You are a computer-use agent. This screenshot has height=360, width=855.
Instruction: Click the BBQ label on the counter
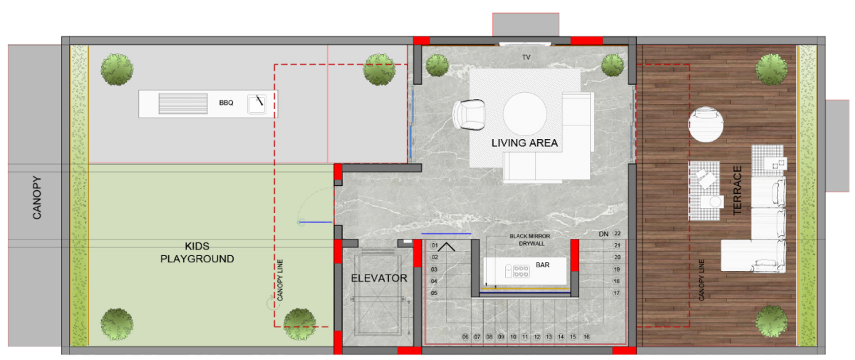tap(226, 103)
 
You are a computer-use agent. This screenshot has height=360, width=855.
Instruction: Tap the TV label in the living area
tap(527, 57)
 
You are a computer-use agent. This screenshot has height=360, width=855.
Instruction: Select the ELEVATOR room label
tap(379, 278)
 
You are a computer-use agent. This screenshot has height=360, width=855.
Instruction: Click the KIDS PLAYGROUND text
tap(197, 252)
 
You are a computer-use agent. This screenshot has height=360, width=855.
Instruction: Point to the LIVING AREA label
tap(524, 143)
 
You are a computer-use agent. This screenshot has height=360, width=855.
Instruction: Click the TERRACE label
tap(737, 190)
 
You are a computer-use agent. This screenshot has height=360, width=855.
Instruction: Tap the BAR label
tap(542, 265)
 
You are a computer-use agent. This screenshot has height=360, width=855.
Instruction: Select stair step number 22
tap(617, 234)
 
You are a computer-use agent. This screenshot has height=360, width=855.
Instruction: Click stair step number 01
tap(435, 245)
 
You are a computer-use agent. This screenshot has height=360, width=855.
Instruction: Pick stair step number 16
tap(586, 336)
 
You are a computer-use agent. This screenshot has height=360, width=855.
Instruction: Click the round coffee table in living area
tap(524, 114)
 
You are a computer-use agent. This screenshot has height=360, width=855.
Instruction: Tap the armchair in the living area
tap(469, 115)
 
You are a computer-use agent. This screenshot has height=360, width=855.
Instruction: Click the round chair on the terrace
tap(706, 124)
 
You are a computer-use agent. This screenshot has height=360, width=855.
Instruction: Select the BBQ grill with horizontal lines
tap(183, 103)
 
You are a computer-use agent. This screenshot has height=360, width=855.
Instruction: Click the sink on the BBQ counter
tap(257, 104)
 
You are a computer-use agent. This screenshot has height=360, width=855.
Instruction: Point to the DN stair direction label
tap(603, 234)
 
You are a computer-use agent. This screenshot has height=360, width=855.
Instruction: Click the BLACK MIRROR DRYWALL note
tap(530, 240)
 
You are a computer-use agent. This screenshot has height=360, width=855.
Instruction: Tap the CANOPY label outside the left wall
tap(36, 197)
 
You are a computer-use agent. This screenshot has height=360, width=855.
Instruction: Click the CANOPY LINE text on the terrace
tap(702, 280)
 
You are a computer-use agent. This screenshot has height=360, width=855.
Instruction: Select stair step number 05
tap(435, 293)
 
